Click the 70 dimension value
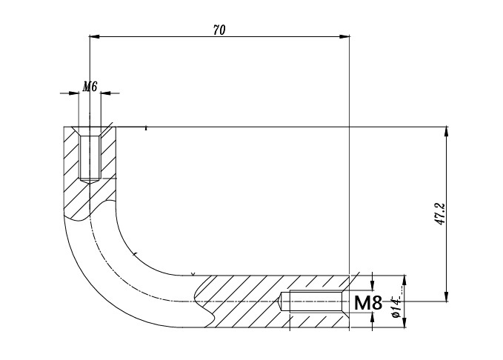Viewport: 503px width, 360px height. pyautogui.click(x=219, y=30)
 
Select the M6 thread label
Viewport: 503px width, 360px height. pyautogui.click(x=90, y=87)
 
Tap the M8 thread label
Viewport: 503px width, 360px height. pyautogui.click(x=368, y=302)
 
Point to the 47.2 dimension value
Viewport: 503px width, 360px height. pyautogui.click(x=441, y=214)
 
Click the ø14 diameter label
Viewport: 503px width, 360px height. pyautogui.click(x=397, y=307)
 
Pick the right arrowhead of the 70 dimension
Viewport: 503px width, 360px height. pyautogui.click(x=344, y=36)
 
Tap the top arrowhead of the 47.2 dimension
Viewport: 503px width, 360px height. pyautogui.click(x=446, y=132)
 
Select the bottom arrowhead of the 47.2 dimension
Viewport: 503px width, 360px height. pyautogui.click(x=446, y=296)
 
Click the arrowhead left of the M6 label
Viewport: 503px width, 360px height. pyautogui.click(x=74, y=93)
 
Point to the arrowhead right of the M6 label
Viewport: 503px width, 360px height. pyautogui.click(x=105, y=93)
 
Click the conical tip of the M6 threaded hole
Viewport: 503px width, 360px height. pyautogui.click(x=90, y=181)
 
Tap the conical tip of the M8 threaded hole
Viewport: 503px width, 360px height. pyautogui.click(x=279, y=301)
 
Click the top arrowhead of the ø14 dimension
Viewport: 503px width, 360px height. pyautogui.click(x=404, y=281)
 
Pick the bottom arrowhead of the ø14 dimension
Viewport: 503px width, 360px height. pyautogui.click(x=404, y=322)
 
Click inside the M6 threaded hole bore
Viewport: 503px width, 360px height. pyautogui.click(x=90, y=157)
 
